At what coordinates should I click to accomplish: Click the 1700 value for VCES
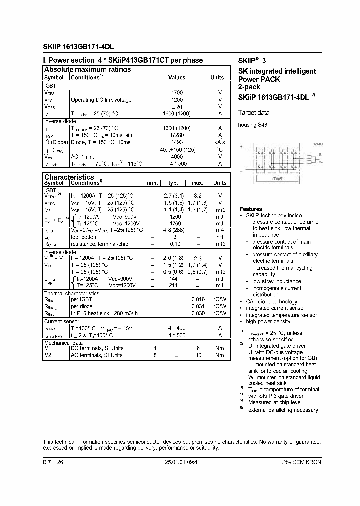177,93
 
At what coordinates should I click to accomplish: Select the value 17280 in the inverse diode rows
177,135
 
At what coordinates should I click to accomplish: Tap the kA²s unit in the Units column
220,142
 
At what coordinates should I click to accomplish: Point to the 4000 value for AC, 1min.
177,156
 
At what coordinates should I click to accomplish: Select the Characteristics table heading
69,177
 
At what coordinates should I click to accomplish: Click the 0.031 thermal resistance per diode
198,306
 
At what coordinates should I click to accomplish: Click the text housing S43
252,125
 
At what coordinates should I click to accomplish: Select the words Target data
254,113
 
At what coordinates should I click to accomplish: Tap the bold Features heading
251,209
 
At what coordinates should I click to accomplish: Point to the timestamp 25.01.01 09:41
182,463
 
